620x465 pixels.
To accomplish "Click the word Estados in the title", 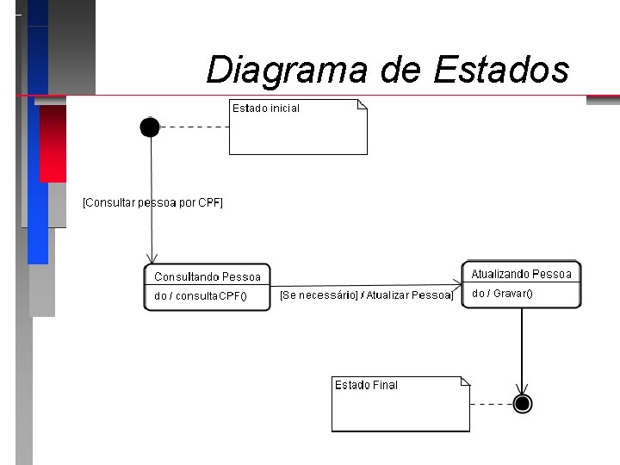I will click(501, 69).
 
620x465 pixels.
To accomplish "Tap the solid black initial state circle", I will click(150, 127).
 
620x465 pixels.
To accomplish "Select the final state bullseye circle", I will click(522, 404).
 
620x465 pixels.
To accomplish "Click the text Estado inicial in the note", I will click(266, 108).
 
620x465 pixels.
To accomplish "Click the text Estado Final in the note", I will click(366, 385).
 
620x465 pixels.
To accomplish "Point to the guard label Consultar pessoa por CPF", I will click(152, 203).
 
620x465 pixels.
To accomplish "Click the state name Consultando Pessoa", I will click(207, 276).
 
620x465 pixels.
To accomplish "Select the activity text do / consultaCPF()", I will click(200, 296).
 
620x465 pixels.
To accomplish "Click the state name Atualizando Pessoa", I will click(521, 274).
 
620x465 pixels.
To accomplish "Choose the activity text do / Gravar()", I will click(502, 294).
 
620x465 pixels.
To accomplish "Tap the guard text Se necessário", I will click(319, 295).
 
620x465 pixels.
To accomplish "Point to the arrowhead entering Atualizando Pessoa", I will click(456, 285).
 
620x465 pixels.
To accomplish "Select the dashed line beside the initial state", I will click(195, 127).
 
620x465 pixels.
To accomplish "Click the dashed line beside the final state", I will click(491, 404).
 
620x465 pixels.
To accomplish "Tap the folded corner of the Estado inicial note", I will click(363, 104).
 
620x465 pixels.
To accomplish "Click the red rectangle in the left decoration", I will click(53, 143).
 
